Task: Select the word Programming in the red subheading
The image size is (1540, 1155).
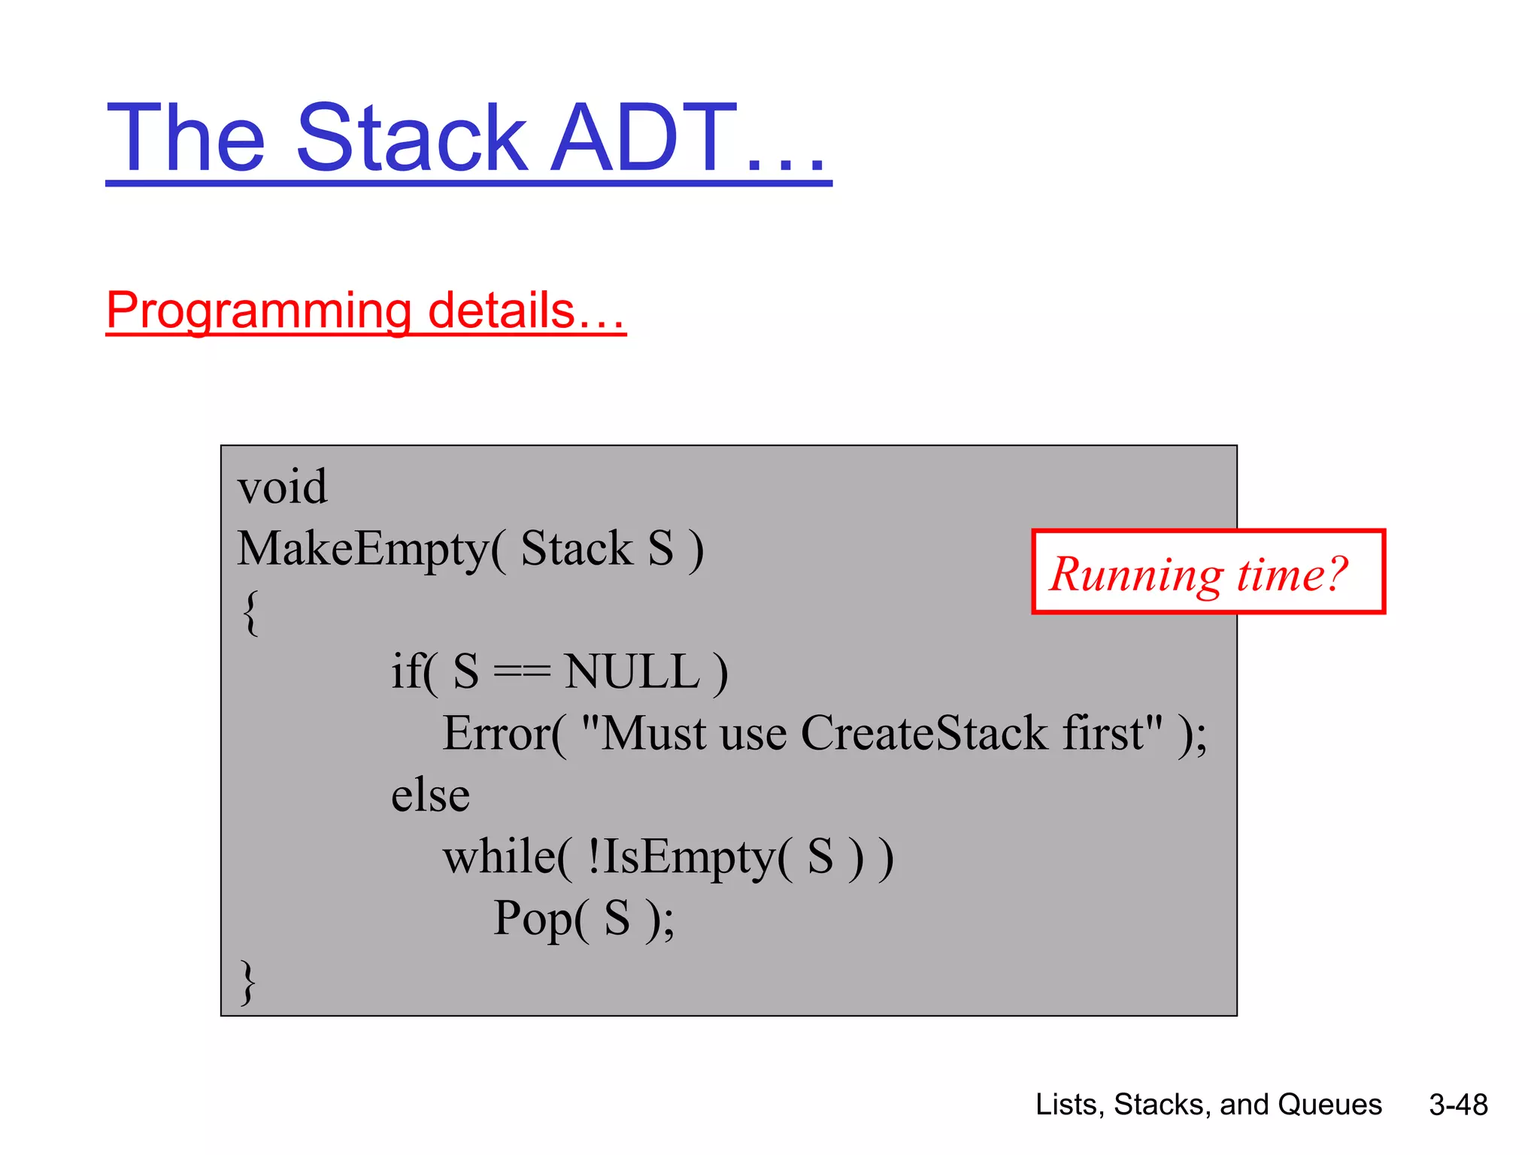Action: (258, 310)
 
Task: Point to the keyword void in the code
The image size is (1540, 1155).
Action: (282, 487)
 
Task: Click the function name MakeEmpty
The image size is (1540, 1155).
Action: (362, 549)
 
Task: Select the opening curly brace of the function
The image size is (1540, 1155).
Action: (251, 612)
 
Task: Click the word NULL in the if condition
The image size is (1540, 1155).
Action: (632, 671)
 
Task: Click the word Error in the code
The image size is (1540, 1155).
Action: (496, 733)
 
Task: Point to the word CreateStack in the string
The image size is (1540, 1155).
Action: (923, 733)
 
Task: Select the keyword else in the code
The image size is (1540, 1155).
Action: (430, 796)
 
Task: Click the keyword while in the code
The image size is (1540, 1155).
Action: (499, 857)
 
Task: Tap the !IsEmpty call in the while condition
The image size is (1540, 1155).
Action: (681, 858)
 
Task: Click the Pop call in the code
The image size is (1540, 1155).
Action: (532, 919)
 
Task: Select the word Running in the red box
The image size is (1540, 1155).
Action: (1136, 574)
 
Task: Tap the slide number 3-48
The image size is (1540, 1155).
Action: (1458, 1105)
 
